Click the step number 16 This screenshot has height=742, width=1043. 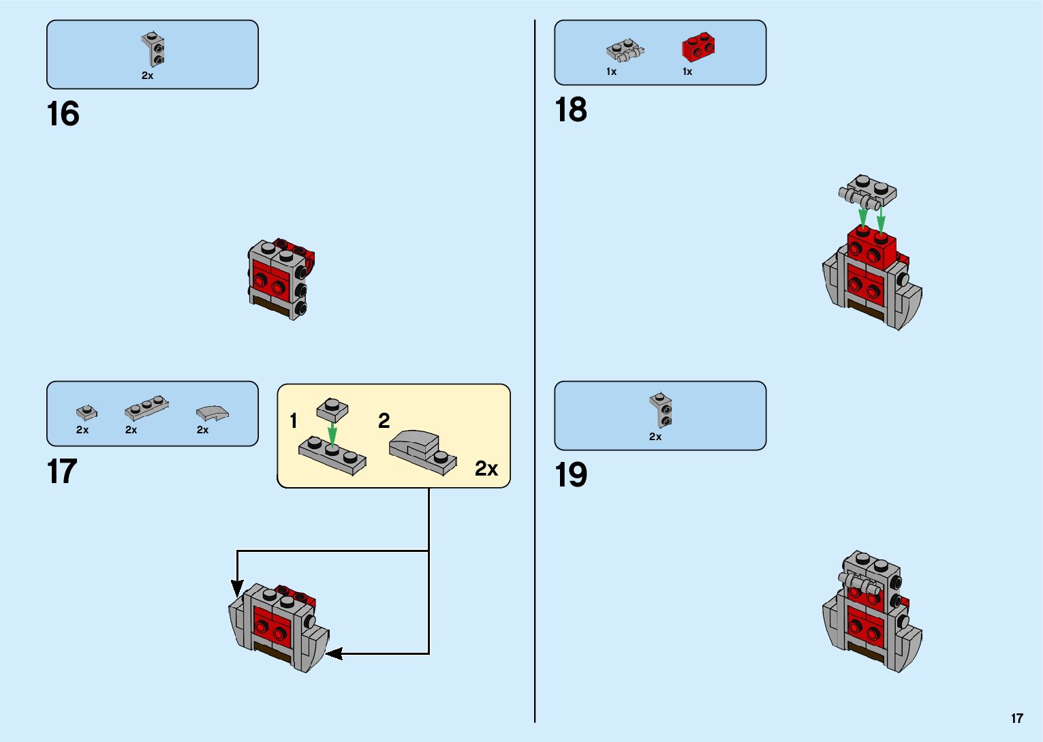(x=63, y=114)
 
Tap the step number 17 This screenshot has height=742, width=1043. (x=62, y=472)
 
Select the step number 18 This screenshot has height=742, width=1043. (x=570, y=110)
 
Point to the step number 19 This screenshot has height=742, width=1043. (x=570, y=475)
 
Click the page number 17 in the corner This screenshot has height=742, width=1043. (x=1016, y=718)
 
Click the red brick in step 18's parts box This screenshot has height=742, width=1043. (x=698, y=48)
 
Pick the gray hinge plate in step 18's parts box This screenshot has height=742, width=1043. (x=625, y=50)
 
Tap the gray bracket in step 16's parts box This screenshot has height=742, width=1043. (x=154, y=50)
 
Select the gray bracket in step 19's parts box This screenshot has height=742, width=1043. (x=661, y=409)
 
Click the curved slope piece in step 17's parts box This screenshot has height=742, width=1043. (x=212, y=413)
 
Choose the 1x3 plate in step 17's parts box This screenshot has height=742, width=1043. (x=146, y=408)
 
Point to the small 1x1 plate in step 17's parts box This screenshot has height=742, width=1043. (x=87, y=412)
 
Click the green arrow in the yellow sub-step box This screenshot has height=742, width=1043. (x=332, y=432)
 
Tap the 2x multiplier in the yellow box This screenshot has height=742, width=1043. (x=486, y=469)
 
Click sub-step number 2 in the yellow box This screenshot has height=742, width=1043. (x=384, y=420)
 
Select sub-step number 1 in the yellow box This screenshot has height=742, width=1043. (x=294, y=420)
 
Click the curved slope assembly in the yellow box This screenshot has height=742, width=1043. (x=422, y=452)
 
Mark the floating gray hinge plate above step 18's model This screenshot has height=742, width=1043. (x=867, y=191)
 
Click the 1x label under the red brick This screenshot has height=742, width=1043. (x=687, y=72)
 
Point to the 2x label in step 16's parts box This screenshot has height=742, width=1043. (x=147, y=76)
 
